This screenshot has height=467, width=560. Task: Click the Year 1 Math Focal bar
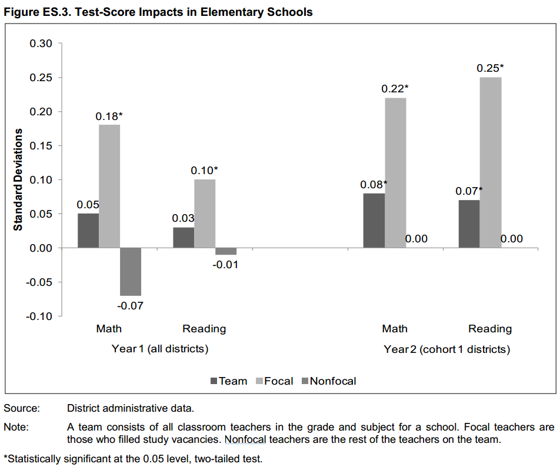click(x=109, y=186)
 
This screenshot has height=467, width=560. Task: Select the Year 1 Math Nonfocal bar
click(x=131, y=272)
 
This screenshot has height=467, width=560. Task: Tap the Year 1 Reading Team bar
click(x=184, y=238)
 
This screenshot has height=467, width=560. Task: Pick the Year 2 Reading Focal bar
click(x=491, y=162)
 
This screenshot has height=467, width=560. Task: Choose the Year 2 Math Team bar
click(x=374, y=221)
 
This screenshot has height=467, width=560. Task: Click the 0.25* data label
click(x=491, y=68)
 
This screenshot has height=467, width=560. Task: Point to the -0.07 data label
click(x=131, y=306)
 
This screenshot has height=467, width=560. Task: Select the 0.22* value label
click(x=395, y=89)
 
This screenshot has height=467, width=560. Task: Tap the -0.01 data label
click(x=225, y=265)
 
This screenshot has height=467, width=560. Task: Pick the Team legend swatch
click(x=214, y=381)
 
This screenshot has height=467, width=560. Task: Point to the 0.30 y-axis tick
click(x=41, y=44)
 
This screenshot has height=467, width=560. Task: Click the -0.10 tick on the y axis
click(x=39, y=316)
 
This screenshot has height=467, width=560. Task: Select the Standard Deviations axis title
click(x=18, y=179)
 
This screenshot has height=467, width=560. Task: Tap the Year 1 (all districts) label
click(x=160, y=349)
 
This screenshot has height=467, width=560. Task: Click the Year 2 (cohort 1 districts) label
click(x=446, y=349)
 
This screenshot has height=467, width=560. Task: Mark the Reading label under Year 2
click(x=490, y=329)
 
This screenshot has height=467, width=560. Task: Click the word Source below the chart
click(x=21, y=408)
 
